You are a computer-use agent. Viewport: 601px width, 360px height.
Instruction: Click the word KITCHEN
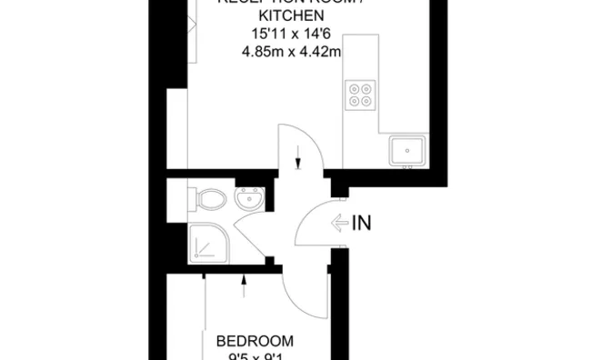pos(292,17)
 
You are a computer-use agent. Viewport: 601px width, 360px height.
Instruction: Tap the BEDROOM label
pos(255,341)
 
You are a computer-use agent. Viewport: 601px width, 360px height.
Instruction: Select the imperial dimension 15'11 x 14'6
pos(291,35)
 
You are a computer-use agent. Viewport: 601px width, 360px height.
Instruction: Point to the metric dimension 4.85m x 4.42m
pos(291,52)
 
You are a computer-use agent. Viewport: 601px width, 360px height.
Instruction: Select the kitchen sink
pos(408,149)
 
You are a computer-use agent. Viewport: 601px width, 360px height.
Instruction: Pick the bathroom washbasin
pos(248,197)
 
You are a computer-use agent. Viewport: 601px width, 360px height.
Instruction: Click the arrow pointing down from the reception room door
pos(298,163)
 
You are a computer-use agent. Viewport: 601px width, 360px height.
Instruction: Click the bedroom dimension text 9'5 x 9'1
pos(255,356)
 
